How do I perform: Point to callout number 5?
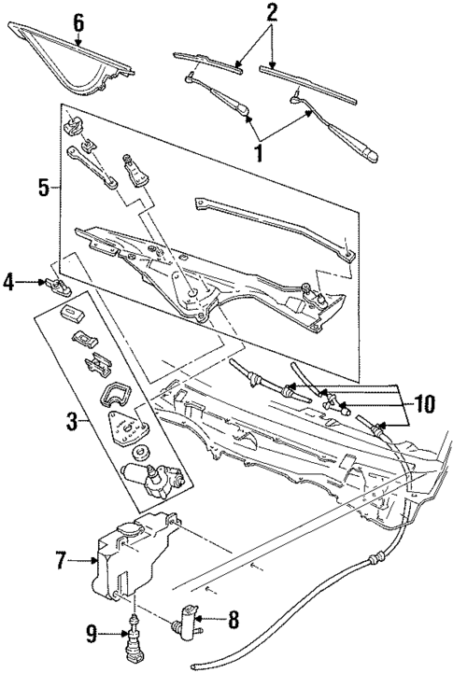point(43,187)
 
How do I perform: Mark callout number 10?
point(425,403)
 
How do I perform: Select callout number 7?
point(62,560)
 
